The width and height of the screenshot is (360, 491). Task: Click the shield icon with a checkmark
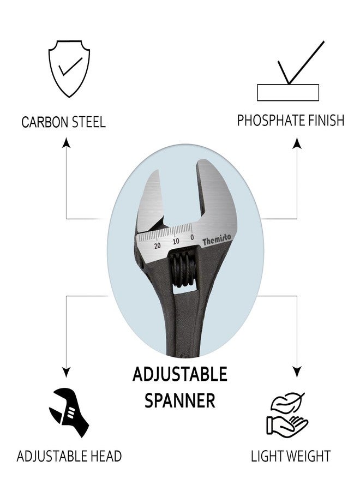pyautogui.click(x=69, y=69)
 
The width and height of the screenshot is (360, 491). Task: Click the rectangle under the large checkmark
pyautogui.click(x=288, y=92)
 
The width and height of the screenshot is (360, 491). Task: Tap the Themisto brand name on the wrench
pyautogui.click(x=217, y=241)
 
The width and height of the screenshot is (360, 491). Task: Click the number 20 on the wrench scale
pyautogui.click(x=158, y=245)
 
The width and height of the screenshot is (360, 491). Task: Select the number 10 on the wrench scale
pyautogui.click(x=176, y=241)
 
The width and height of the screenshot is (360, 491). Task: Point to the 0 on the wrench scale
pyautogui.click(x=192, y=237)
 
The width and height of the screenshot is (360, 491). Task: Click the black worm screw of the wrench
pyautogui.click(x=183, y=269)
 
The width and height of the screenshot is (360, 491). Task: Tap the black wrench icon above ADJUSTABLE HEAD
pyautogui.click(x=69, y=412)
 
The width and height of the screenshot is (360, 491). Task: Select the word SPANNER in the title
pyautogui.click(x=179, y=400)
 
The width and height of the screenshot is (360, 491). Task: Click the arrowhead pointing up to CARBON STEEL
pyautogui.click(x=67, y=142)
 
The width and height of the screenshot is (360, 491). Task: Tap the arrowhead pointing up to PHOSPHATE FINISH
pyautogui.click(x=297, y=143)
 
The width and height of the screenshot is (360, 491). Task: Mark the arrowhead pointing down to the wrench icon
pyautogui.click(x=66, y=372)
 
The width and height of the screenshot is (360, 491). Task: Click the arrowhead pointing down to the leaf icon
pyautogui.click(x=297, y=372)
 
